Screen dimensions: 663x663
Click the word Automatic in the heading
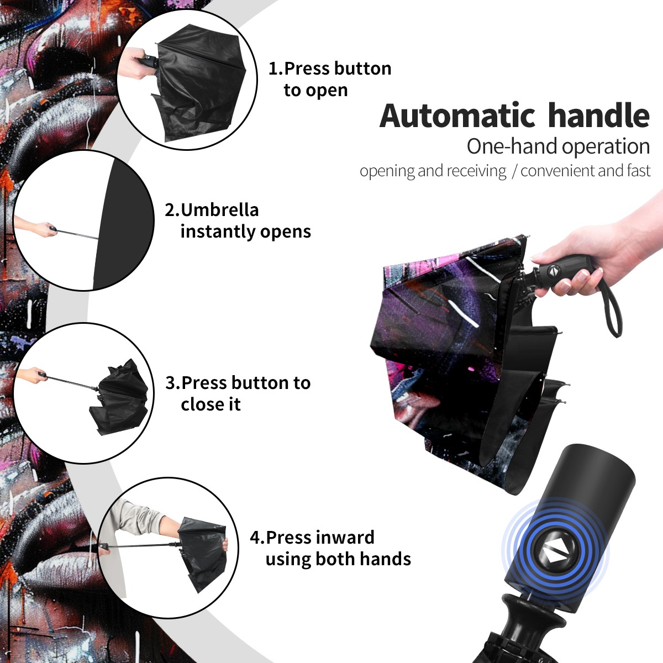point(457,116)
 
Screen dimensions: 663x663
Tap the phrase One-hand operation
point(558,146)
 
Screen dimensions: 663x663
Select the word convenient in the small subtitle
point(557,171)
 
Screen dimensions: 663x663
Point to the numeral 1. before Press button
point(276,69)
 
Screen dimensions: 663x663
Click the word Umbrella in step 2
point(219,210)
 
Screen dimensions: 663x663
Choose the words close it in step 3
point(211,404)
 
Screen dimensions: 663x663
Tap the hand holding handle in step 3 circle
point(33,375)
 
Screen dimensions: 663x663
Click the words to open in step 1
point(315,90)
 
